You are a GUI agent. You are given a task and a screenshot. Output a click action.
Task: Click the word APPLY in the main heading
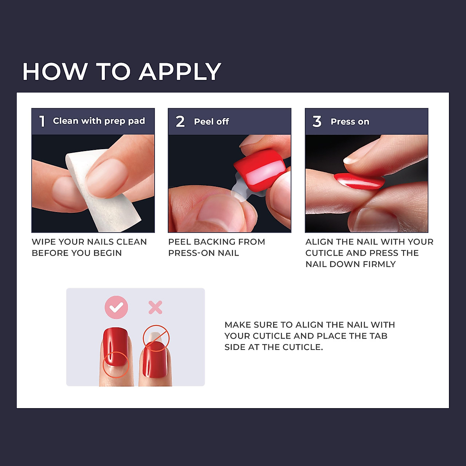180,72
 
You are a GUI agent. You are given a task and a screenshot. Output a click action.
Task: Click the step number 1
42,121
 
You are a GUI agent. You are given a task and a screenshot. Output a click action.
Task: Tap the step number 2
180,122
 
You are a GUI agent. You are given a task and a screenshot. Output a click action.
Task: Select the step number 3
317,122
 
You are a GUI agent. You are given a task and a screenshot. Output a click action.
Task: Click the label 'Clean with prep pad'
99,121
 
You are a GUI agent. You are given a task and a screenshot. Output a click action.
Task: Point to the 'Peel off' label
211,122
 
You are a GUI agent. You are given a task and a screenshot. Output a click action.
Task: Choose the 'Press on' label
350,122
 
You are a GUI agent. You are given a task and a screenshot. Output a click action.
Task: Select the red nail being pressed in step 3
359,181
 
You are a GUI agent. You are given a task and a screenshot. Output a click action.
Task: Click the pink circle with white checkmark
116,307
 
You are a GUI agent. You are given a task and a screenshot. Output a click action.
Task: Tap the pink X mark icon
155,308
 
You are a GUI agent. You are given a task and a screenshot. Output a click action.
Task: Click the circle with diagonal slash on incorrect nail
156,338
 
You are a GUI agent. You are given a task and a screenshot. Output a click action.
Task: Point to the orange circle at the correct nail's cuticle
115,365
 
